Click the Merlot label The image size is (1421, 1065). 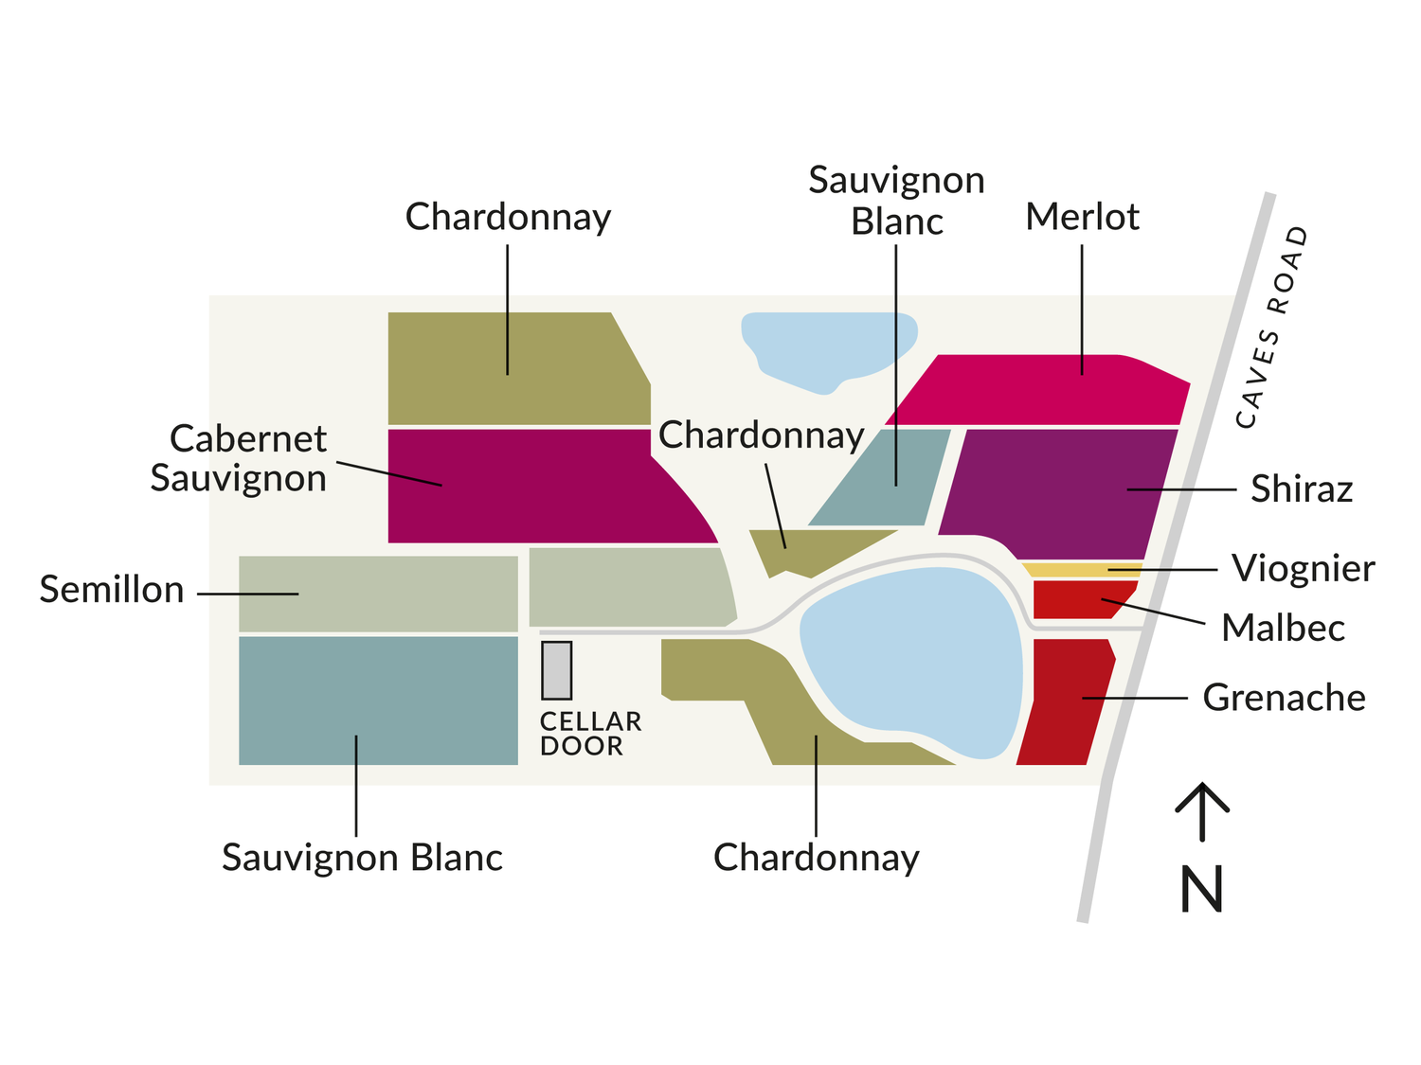(x=1082, y=217)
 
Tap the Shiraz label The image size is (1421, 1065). (x=1301, y=489)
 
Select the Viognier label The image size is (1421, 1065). (x=1303, y=568)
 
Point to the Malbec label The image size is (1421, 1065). (x=1283, y=628)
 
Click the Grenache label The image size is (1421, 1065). (x=1284, y=698)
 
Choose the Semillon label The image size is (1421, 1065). (x=112, y=590)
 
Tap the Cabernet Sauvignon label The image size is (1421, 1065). (x=239, y=458)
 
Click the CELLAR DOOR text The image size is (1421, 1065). (x=589, y=734)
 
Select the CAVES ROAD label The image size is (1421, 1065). (x=1273, y=327)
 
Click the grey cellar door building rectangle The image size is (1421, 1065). (x=556, y=670)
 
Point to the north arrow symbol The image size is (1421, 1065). (x=1202, y=810)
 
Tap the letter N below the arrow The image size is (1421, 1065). (x=1201, y=889)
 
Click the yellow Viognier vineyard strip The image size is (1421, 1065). (x=1080, y=570)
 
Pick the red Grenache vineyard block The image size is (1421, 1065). (x=1063, y=701)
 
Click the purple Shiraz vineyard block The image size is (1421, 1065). (x=1056, y=493)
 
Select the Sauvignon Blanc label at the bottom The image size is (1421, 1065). (x=362, y=858)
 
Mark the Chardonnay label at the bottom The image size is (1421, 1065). (x=816, y=858)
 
